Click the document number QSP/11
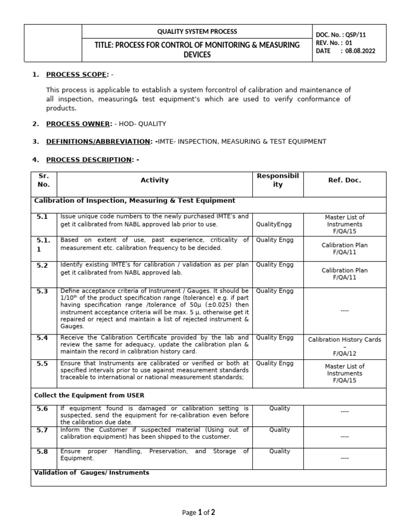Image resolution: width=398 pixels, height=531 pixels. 363,35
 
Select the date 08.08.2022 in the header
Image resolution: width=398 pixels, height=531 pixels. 361,51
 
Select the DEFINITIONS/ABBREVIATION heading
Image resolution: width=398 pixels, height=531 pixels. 98,141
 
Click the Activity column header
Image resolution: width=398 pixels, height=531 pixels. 154,180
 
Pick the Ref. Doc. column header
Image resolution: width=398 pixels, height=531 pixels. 345,180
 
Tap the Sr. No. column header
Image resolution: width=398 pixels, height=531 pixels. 44,180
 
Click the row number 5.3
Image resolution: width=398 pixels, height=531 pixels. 42,292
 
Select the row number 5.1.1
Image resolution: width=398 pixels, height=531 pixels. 42,245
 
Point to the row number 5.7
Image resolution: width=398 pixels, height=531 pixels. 42,431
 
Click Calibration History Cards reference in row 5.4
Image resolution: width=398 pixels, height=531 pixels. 345,340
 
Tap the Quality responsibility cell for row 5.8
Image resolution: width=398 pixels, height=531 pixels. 280,451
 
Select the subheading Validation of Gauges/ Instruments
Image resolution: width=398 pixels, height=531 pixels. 92,472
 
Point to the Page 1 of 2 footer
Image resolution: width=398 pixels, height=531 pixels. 198,512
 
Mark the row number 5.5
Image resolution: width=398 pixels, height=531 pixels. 42,364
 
